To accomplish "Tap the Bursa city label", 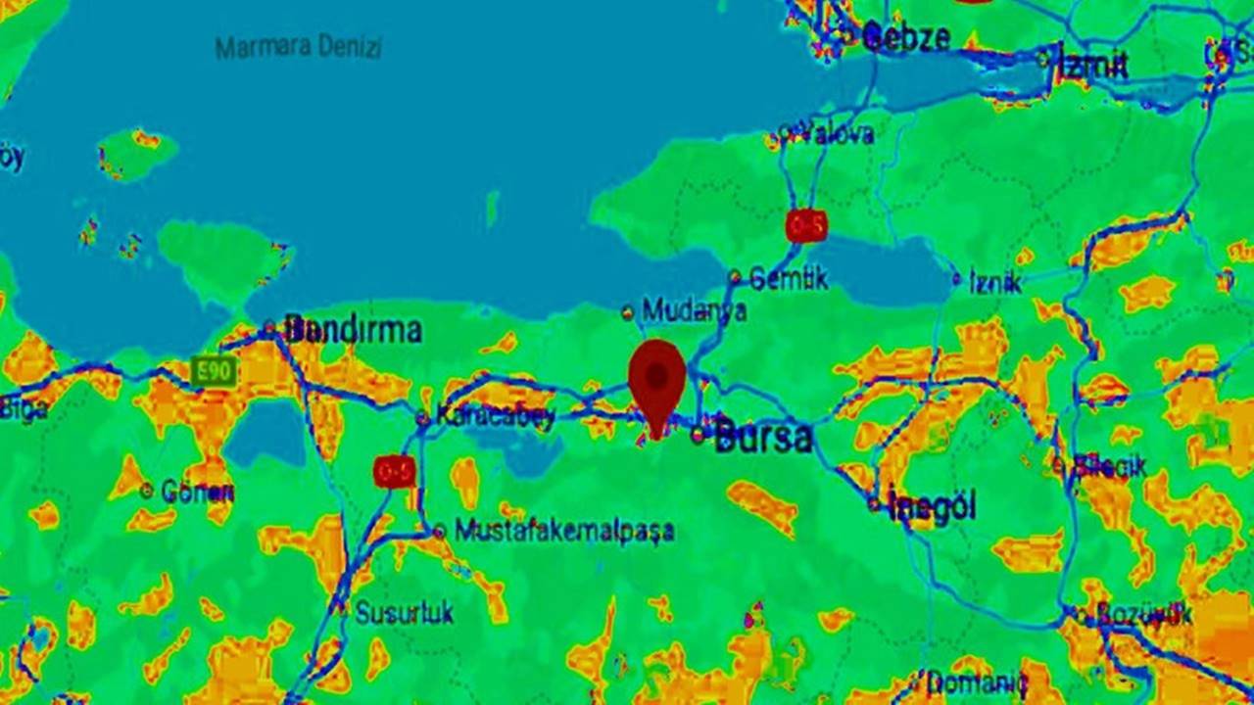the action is [x=763, y=437].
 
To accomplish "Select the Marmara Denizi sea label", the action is [x=298, y=47].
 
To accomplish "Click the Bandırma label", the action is [x=353, y=330].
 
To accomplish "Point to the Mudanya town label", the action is [x=694, y=311].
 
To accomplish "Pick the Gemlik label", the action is [x=788, y=279].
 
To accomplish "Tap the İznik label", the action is [x=994, y=283].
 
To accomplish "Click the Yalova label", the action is [x=836, y=135].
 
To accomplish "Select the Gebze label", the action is [x=905, y=38].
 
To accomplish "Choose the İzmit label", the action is [x=1094, y=65].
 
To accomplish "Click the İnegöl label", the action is [x=932, y=506].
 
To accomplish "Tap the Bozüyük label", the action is [x=1143, y=615].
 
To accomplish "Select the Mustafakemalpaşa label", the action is [x=564, y=531].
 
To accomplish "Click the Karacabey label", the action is [x=495, y=415].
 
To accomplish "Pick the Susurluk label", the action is [x=404, y=613].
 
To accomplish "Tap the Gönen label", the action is [x=196, y=492].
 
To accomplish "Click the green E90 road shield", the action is [x=213, y=371].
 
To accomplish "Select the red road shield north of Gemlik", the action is [x=806, y=226].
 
